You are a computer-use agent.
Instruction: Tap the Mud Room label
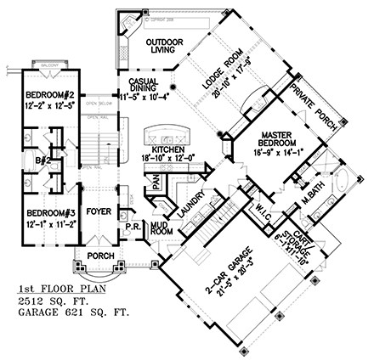161,228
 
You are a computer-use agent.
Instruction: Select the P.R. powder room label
134,226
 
